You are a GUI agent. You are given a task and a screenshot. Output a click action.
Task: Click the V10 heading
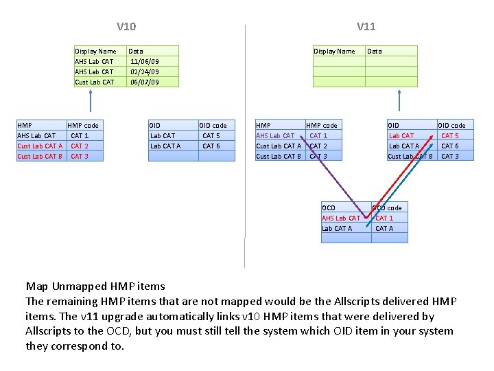click(x=126, y=27)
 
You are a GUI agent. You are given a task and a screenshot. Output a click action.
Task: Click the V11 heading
click(x=366, y=27)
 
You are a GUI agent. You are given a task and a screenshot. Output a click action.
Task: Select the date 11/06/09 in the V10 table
click(x=144, y=61)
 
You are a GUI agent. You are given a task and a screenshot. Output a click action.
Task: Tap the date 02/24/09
click(x=144, y=71)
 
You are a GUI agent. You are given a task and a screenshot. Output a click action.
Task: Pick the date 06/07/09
click(x=144, y=82)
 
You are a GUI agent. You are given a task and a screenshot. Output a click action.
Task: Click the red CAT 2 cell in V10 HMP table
click(x=80, y=146)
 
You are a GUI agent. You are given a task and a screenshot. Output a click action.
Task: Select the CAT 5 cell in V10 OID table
click(x=211, y=135)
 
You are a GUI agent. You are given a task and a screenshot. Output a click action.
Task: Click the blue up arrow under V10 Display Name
click(x=91, y=103)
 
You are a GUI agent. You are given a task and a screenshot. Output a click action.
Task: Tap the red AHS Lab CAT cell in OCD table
click(x=340, y=218)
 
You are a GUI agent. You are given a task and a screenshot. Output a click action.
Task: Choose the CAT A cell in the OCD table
click(x=384, y=228)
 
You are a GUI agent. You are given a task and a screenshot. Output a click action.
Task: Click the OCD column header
click(x=329, y=207)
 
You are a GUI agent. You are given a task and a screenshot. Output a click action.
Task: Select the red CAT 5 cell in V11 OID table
click(x=450, y=135)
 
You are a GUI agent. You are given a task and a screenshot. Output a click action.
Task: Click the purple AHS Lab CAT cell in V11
click(x=275, y=135)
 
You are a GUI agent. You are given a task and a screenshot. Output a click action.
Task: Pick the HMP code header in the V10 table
click(x=83, y=125)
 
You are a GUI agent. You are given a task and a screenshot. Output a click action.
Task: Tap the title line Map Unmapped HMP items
click(x=95, y=286)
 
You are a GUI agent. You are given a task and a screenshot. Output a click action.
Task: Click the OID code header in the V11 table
click(x=451, y=125)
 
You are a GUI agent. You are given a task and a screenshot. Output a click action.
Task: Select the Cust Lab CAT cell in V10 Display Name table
click(x=95, y=82)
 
